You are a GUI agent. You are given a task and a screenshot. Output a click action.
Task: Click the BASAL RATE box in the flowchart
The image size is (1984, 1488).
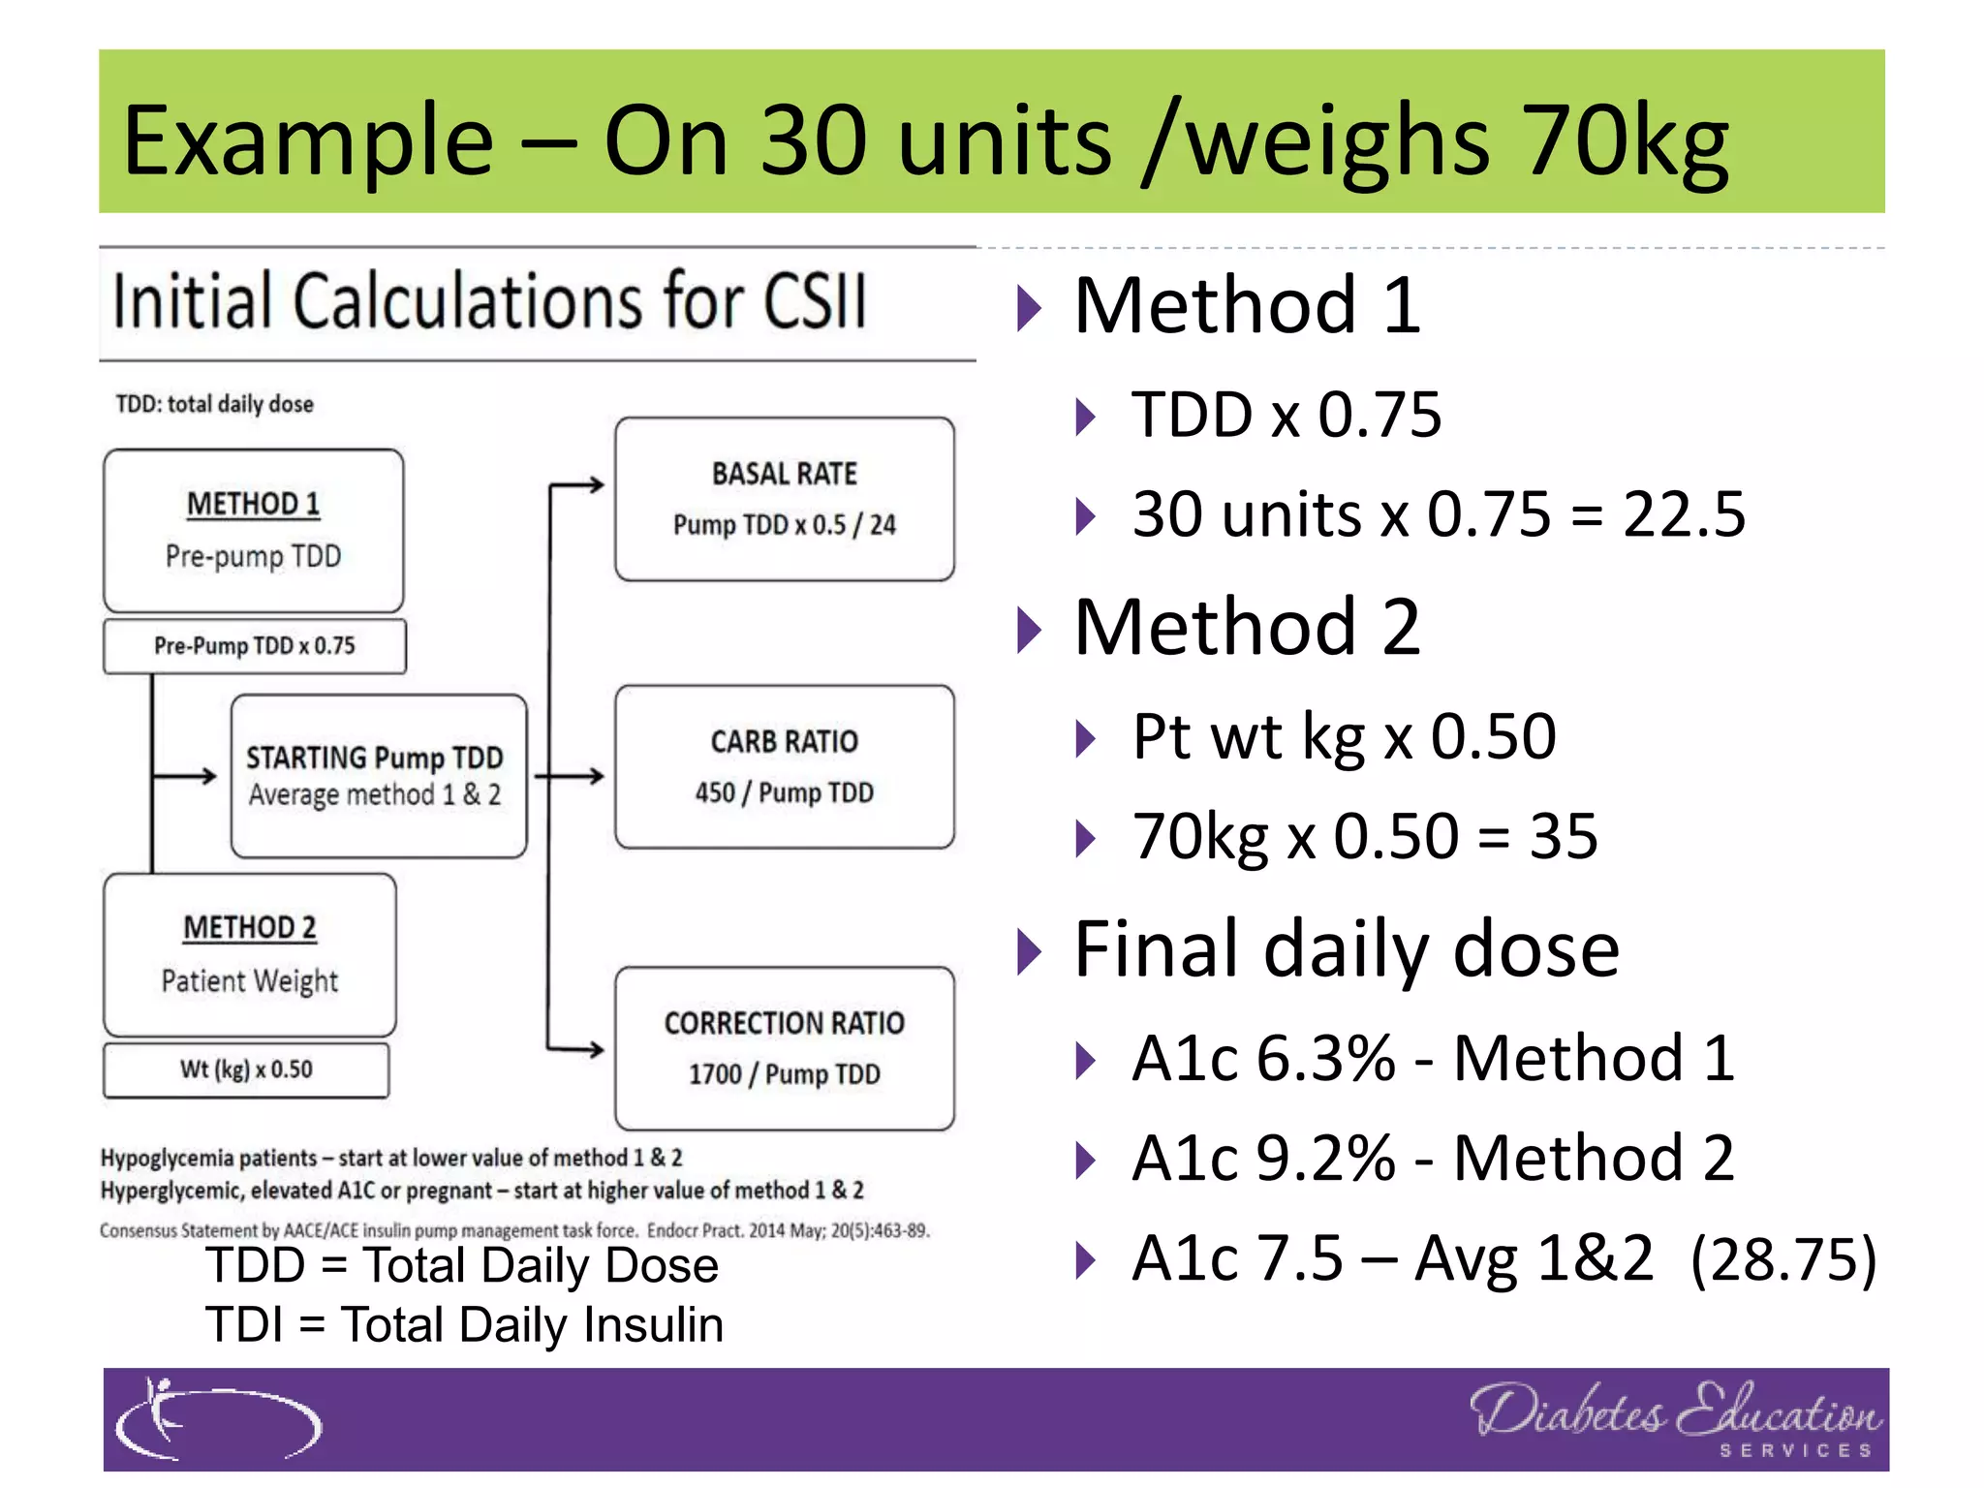784,499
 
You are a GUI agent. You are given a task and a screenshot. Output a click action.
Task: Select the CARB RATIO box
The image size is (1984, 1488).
784,766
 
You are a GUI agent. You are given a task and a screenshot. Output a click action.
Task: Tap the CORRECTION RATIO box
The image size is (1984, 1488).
784,1048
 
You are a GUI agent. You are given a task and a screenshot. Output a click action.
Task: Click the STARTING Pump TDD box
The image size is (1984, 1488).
378,776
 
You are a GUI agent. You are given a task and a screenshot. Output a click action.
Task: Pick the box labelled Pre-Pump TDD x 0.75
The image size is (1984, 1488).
254,646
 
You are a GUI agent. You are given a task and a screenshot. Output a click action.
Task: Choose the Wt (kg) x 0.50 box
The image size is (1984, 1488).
246,1069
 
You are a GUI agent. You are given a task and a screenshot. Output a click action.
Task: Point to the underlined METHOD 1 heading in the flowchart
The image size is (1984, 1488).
253,504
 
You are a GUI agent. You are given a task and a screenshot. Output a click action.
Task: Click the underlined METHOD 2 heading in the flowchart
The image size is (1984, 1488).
250,928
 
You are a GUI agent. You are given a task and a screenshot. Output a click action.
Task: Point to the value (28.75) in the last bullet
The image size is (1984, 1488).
1782,1259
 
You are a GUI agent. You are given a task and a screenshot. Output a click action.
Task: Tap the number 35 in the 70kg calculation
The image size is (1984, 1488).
1563,836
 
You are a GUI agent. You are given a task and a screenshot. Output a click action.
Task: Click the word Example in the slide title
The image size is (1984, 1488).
308,140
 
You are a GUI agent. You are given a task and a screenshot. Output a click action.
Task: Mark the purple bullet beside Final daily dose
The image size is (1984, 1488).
1029,951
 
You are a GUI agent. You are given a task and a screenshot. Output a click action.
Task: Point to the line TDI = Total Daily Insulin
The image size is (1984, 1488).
464,1325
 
